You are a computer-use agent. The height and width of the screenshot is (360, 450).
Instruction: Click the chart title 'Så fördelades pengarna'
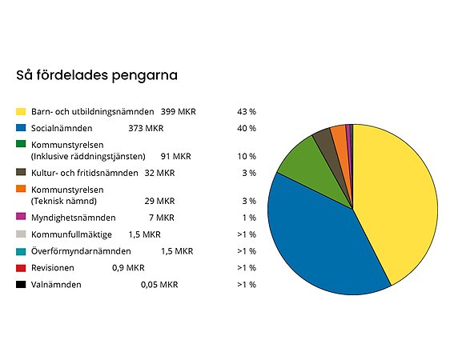[x=97, y=75]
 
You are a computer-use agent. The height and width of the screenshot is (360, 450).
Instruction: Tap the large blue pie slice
[x=320, y=240]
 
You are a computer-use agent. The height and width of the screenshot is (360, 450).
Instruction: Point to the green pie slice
[x=298, y=160]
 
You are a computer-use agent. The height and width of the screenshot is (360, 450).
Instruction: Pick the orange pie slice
[x=339, y=136]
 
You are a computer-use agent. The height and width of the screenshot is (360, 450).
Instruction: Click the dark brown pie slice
[x=323, y=141]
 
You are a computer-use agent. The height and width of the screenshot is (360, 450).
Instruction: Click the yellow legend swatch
[x=22, y=110]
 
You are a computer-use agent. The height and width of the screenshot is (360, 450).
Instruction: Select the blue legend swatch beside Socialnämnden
[x=22, y=128]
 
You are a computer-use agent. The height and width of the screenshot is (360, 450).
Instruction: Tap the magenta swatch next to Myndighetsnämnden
[x=22, y=218]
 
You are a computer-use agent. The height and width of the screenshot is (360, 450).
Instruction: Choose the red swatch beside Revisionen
[x=22, y=268]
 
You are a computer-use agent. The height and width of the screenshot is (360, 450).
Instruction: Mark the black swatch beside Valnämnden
[x=22, y=285]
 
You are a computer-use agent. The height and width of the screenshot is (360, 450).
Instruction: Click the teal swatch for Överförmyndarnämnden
[x=22, y=251]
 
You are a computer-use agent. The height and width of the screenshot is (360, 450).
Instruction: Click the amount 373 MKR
[x=146, y=128]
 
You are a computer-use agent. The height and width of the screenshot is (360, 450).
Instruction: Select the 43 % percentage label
[x=246, y=110]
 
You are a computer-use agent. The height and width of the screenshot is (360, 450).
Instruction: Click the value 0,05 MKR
[x=159, y=285]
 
